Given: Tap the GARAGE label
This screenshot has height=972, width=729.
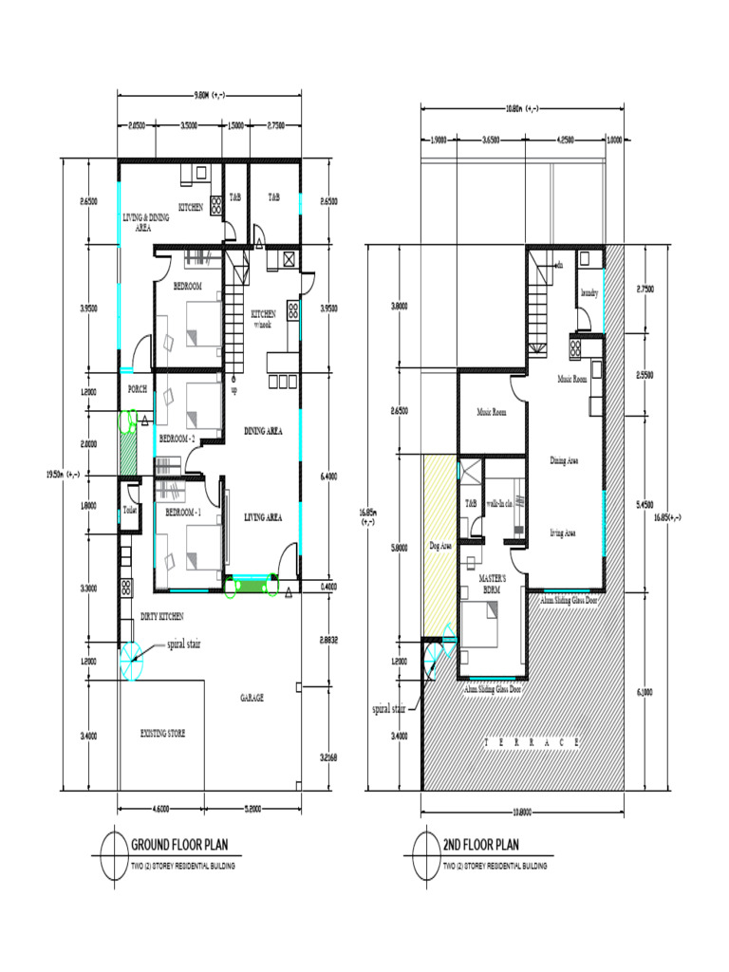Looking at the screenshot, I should click(x=252, y=698).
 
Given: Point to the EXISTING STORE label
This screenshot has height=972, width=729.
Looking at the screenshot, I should click(x=163, y=734).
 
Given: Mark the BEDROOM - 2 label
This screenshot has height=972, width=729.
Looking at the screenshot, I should click(x=178, y=439).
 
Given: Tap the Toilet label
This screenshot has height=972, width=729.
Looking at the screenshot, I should click(x=129, y=510).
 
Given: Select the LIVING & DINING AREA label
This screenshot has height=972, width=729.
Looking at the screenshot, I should click(x=145, y=222).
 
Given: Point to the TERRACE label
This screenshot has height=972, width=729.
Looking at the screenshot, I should click(x=531, y=742).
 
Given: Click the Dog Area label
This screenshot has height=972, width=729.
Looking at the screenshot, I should click(x=439, y=547).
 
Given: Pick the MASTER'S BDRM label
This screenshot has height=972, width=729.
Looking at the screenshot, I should click(x=492, y=583).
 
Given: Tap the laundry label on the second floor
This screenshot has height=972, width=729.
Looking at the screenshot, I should click(x=589, y=294).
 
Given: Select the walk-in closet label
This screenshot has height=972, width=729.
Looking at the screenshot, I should click(x=500, y=504).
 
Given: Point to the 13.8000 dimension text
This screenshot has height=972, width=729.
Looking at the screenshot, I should click(x=522, y=812).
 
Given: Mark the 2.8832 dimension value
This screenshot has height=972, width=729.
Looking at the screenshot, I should click(x=328, y=640).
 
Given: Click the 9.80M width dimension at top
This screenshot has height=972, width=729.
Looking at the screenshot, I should click(x=209, y=95).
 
